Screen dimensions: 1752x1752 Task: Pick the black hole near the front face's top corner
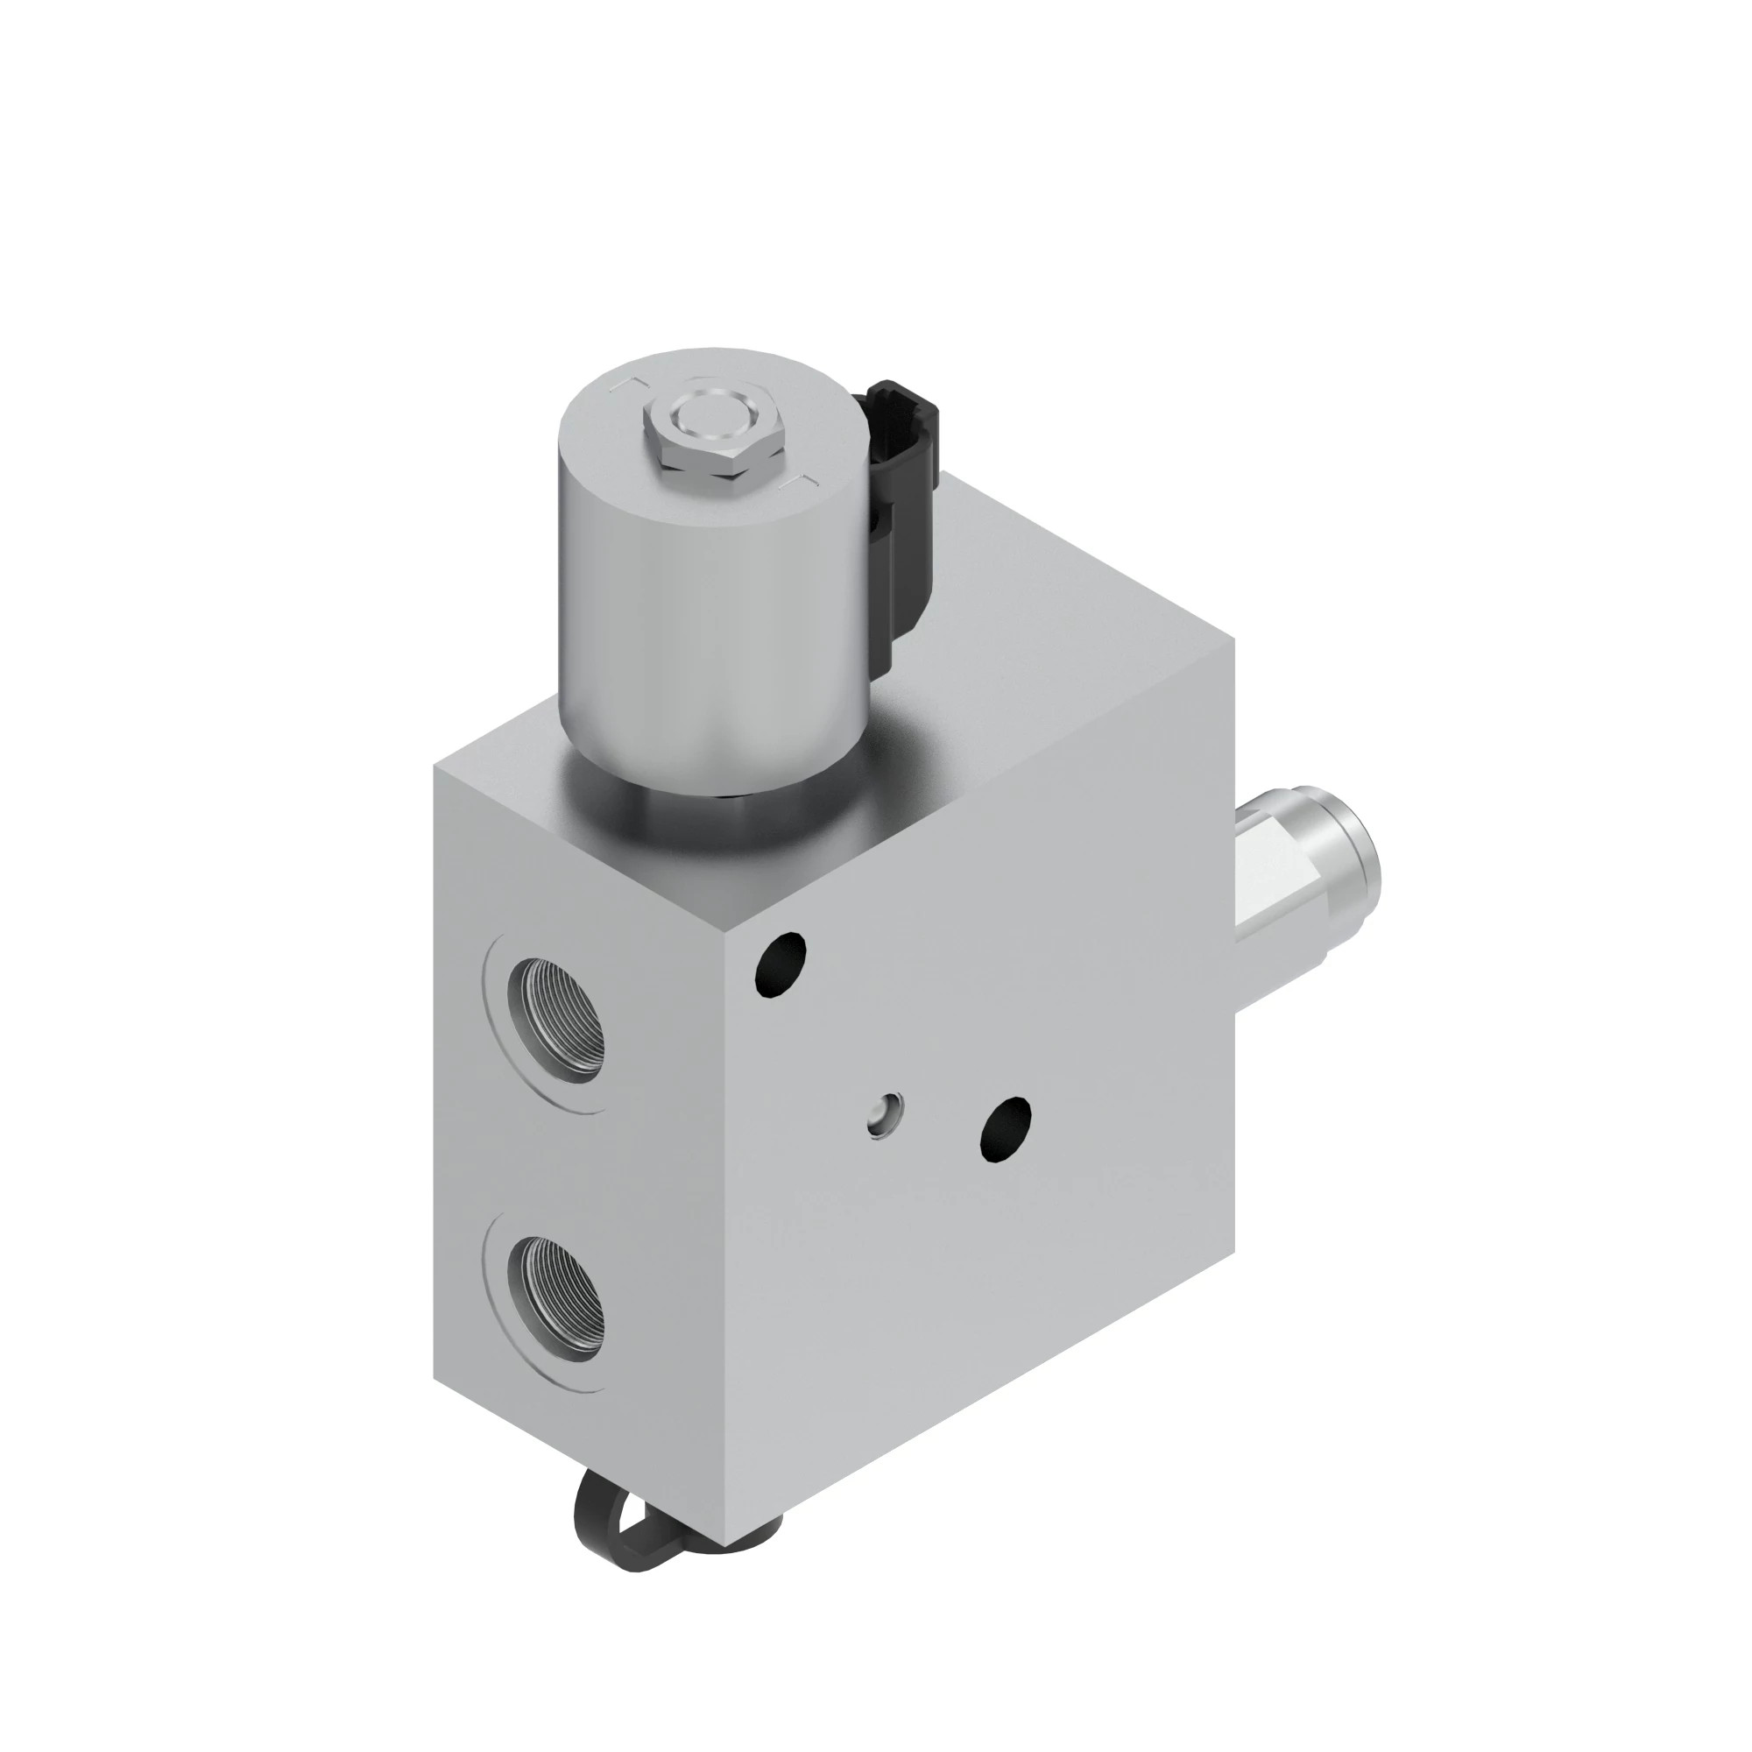781,964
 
